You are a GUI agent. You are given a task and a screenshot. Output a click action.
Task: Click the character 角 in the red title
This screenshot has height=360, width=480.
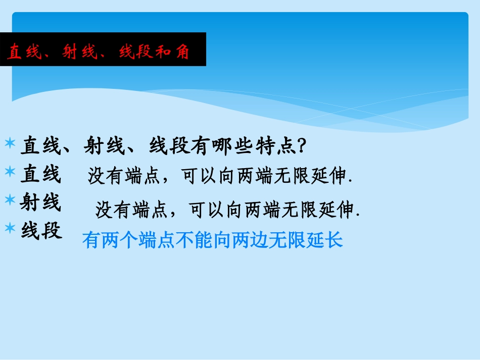182,52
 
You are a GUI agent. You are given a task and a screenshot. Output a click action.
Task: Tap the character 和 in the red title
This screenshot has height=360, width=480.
162,52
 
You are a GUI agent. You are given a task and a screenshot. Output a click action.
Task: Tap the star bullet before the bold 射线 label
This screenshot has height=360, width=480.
10,200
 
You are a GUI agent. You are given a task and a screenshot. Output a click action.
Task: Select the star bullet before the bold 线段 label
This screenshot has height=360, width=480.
10,228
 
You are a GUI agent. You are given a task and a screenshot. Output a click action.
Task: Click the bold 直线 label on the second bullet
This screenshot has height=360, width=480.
40,175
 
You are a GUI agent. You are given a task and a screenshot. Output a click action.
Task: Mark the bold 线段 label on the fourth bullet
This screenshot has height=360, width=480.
41,231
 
